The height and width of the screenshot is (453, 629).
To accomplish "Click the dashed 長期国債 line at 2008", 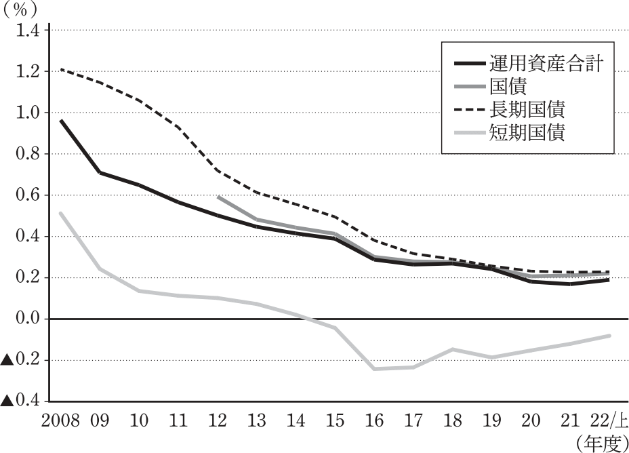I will [x=60, y=69].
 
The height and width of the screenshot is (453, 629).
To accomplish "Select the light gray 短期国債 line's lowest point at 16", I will [x=375, y=368].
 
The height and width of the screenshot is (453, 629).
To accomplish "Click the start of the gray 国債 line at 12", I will [x=218, y=197].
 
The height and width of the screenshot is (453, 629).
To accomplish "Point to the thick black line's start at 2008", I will [x=61, y=120].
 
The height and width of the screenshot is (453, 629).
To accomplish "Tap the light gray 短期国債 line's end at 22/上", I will [x=609, y=336].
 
